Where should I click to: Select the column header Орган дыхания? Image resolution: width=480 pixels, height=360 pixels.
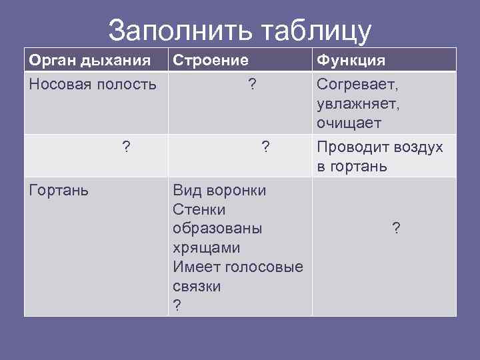point(89,61)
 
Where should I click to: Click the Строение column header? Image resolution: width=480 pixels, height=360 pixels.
point(211,61)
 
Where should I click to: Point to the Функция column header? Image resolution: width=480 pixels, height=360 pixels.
point(351,61)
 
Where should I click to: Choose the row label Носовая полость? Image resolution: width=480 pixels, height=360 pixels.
point(93,85)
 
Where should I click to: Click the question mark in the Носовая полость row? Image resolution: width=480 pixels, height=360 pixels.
point(252,85)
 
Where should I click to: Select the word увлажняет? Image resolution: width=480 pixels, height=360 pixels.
point(358,104)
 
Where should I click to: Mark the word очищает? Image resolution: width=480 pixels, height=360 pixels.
point(349,123)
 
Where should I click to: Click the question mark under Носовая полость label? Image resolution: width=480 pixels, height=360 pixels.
point(126,147)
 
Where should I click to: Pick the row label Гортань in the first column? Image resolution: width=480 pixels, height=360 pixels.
point(59,191)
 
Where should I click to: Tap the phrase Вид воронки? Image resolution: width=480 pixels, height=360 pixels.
point(219,191)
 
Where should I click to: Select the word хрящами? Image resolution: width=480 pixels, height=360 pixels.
point(206,248)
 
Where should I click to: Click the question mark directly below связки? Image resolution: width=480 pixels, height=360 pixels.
point(177,305)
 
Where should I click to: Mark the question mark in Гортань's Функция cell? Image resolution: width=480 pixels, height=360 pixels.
point(396,229)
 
